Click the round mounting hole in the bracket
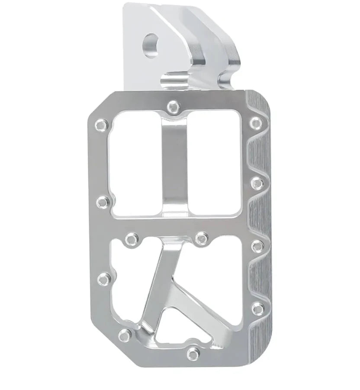tap(151, 45)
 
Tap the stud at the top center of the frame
tap(173, 106)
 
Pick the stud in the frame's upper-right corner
tap(256, 122)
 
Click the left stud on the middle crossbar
tap(131, 238)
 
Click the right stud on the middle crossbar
tap(201, 238)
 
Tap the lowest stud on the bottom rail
tap(193, 353)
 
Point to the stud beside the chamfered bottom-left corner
tap(125, 335)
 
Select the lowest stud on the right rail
tap(258, 308)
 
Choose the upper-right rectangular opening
tap(214, 162)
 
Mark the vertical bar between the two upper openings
tap(175, 164)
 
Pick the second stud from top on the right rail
tap(256, 183)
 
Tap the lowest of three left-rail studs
tap(103, 280)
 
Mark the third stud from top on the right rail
tap(257, 246)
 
